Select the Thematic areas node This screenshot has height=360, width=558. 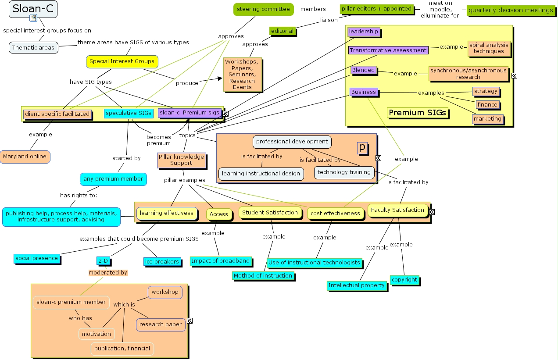(33, 47)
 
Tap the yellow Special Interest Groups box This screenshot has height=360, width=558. (122, 61)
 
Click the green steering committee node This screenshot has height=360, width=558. (263, 9)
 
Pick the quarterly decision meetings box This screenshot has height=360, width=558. (510, 10)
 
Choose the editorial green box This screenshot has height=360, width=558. (282, 31)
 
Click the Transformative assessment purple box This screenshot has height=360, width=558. (388, 50)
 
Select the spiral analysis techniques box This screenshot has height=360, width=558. (489, 48)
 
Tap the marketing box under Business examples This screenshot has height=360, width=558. (487, 119)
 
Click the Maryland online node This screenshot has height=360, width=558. (25, 157)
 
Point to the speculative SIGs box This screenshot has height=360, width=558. (128, 113)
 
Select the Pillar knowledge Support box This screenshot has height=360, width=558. (181, 160)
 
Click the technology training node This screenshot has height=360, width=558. (344, 172)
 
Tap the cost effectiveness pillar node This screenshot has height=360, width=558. (335, 214)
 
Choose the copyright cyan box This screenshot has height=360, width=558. (404, 280)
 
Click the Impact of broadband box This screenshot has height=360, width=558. (220, 261)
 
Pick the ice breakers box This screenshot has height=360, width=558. (161, 262)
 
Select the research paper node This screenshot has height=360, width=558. (161, 324)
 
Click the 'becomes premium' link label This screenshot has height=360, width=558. (158, 140)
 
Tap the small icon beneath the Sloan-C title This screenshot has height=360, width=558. (33, 18)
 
